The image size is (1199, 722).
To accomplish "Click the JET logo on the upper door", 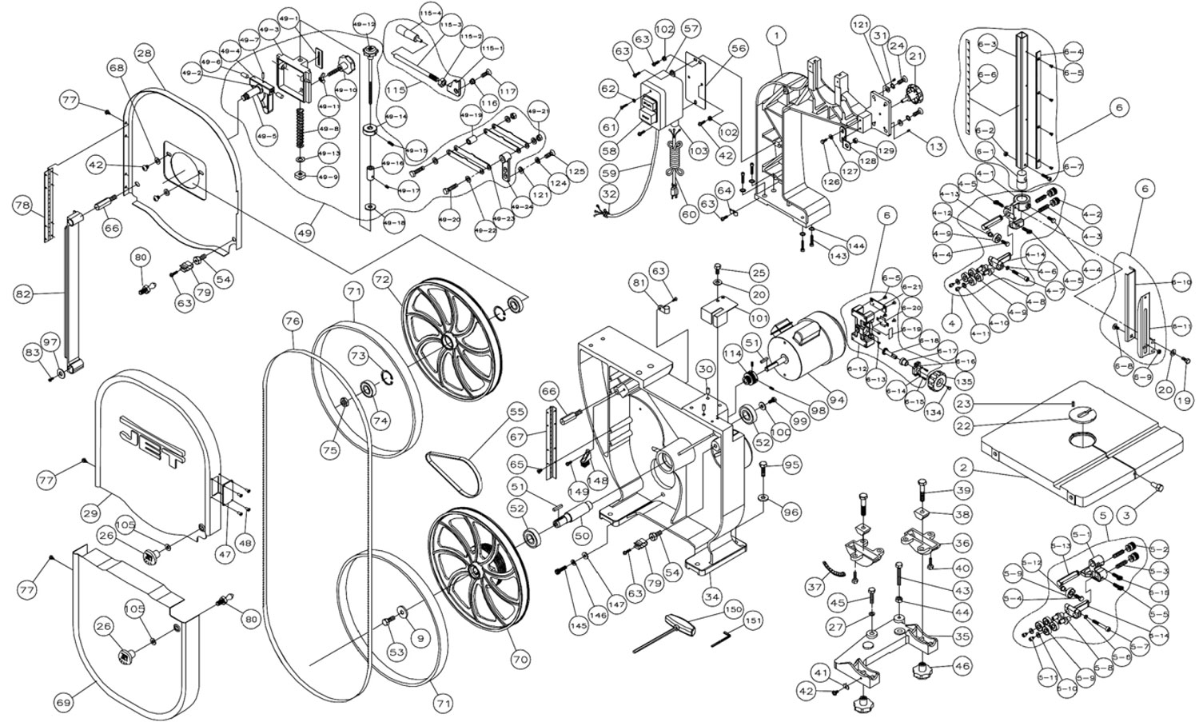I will (x=152, y=438).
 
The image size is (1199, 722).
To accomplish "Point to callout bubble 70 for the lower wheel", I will (x=520, y=660).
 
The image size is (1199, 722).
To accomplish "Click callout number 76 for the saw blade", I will (x=293, y=321).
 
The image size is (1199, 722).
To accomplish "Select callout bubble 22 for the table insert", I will (x=964, y=427).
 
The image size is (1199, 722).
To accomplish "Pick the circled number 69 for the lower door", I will (x=64, y=702).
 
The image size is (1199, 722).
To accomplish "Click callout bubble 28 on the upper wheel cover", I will (x=144, y=54).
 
